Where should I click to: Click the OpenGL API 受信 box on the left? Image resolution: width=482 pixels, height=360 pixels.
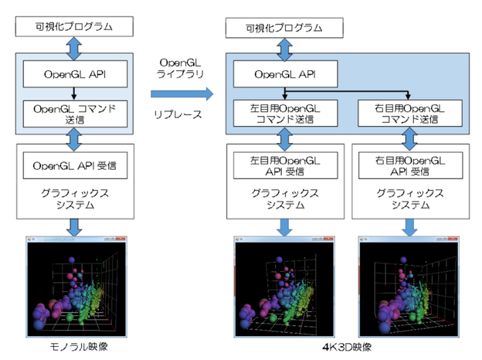pyautogui.click(x=74, y=165)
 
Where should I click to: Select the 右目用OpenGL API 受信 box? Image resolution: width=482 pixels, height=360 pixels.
pyautogui.click(x=407, y=166)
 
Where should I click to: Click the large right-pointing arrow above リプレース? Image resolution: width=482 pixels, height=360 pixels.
pyautogui.click(x=181, y=94)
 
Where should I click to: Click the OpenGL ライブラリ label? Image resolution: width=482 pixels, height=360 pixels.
pyautogui.click(x=180, y=67)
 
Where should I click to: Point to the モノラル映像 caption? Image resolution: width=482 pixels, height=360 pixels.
pyautogui.click(x=75, y=347)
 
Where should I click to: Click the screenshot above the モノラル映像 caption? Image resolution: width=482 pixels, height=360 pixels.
pyautogui.click(x=74, y=287)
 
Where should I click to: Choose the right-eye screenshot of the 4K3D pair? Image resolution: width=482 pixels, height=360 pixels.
pyautogui.click(x=406, y=287)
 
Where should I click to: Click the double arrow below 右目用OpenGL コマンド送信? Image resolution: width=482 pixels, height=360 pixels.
pyautogui.click(x=407, y=138)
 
